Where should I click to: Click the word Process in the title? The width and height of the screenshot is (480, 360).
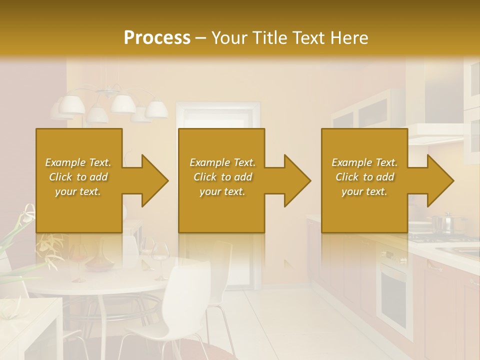[157, 37]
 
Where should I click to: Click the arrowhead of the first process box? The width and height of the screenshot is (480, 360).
[150, 180]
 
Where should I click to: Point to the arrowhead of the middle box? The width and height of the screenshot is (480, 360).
[293, 180]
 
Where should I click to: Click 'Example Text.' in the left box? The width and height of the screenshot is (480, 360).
[78, 162]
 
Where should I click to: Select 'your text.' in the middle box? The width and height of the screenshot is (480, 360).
[222, 191]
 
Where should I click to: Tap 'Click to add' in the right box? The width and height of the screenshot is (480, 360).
[365, 177]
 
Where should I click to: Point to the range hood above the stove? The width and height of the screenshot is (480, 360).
[435, 134]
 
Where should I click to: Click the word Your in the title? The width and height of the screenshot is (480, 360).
[229, 37]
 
